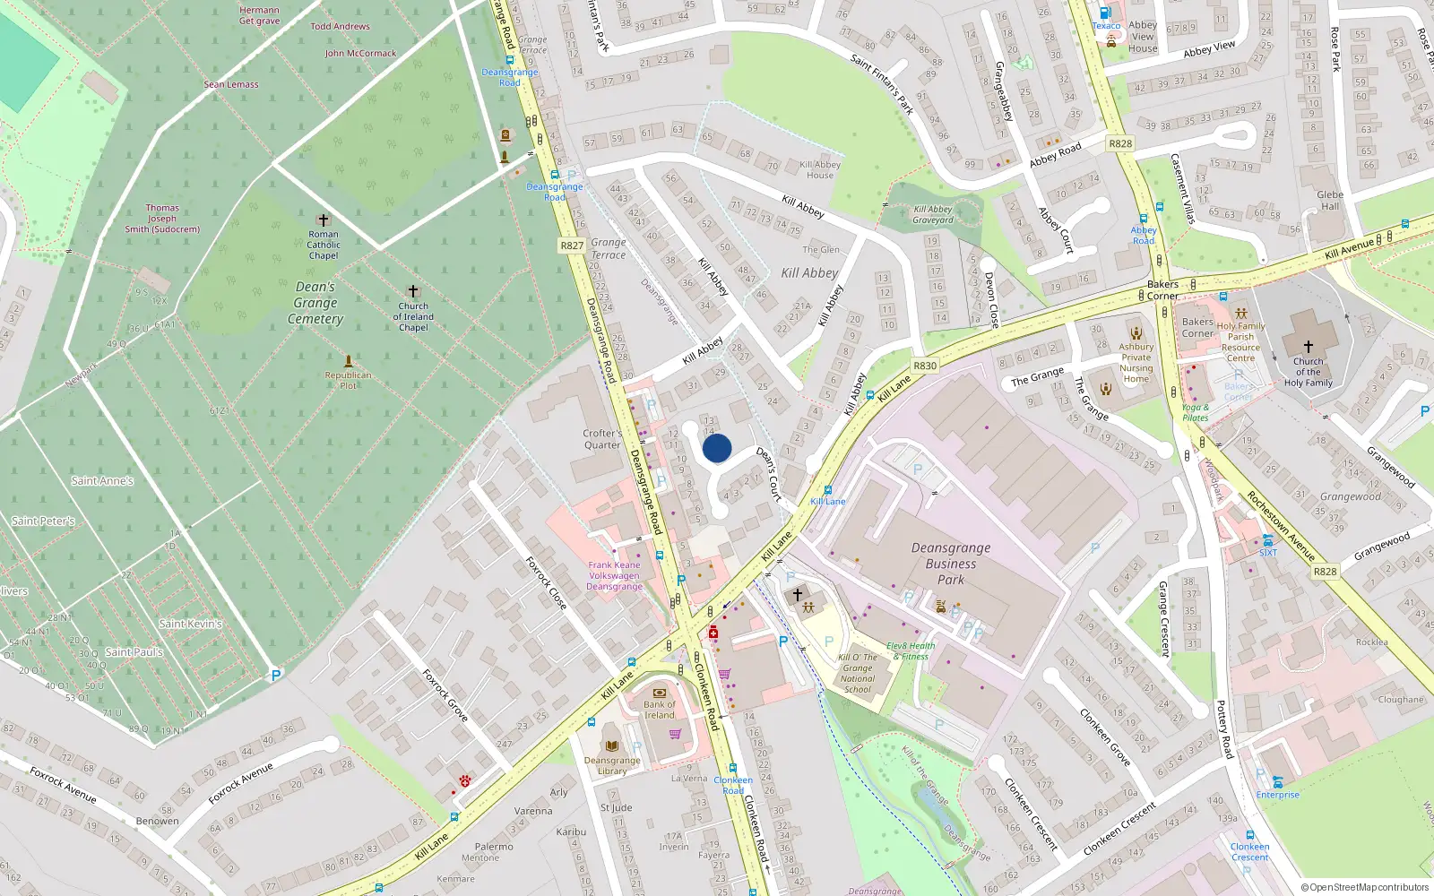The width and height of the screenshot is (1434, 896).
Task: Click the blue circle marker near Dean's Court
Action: (717, 448)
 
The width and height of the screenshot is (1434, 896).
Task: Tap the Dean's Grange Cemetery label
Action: (315, 303)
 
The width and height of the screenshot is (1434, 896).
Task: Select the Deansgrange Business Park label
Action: (951, 564)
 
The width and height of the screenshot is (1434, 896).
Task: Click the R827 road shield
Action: (572, 246)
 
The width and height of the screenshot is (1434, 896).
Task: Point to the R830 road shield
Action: (925, 366)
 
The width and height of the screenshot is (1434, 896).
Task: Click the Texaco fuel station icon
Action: (1105, 13)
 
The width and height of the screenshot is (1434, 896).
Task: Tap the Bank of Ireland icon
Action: (660, 693)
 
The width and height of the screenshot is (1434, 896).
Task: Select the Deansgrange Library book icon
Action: (611, 745)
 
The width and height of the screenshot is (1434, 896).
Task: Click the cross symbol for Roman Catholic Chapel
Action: (324, 220)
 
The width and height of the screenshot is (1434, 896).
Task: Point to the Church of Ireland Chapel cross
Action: (413, 291)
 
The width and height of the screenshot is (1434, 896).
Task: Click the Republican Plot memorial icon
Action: (349, 361)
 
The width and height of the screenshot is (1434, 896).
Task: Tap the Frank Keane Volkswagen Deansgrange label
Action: (614, 575)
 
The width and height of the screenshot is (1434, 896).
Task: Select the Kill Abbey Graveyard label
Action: (933, 214)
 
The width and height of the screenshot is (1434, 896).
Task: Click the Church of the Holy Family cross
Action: (1308, 346)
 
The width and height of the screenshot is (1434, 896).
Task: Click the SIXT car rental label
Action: (1268, 553)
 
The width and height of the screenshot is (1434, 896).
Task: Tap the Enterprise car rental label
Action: (1277, 795)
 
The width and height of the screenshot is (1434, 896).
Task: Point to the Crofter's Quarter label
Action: (602, 439)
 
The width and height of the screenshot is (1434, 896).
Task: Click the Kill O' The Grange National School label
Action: (858, 673)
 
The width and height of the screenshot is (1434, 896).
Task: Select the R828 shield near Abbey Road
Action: (1120, 143)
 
